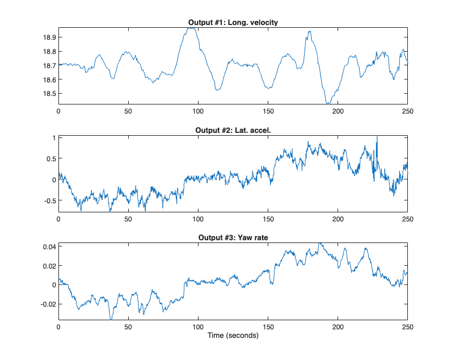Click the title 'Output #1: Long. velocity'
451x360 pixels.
click(233, 22)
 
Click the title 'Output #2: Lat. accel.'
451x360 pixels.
click(233, 130)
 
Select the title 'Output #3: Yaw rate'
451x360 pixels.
click(233, 237)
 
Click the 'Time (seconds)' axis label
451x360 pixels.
click(233, 336)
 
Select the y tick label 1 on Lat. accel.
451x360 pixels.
click(53, 138)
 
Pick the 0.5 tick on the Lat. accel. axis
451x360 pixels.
click(49, 159)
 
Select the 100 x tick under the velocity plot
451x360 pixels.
click(198, 111)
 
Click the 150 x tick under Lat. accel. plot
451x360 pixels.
click(268, 219)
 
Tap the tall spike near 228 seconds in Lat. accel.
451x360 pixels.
click(377, 137)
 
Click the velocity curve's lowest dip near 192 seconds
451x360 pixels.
click(327, 103)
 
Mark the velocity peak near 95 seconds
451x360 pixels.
click(191, 28)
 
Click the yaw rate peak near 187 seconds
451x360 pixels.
click(320, 244)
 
